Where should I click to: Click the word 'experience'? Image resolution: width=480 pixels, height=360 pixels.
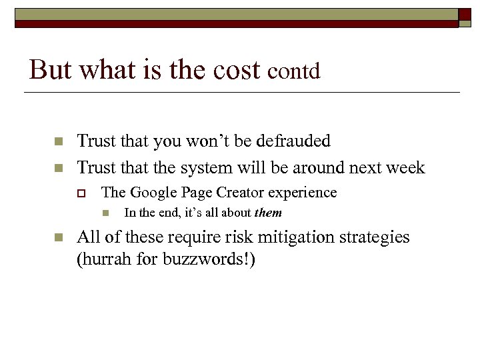[x=302, y=193]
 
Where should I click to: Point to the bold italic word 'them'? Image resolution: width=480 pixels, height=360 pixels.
[x=268, y=213]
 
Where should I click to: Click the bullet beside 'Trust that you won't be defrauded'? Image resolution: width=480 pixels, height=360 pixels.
[x=58, y=142]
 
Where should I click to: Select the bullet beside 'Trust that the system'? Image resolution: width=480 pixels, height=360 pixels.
[x=58, y=167]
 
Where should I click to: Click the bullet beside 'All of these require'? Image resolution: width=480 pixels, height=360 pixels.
[x=58, y=238]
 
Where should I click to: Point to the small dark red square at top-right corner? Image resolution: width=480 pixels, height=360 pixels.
[x=465, y=14]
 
